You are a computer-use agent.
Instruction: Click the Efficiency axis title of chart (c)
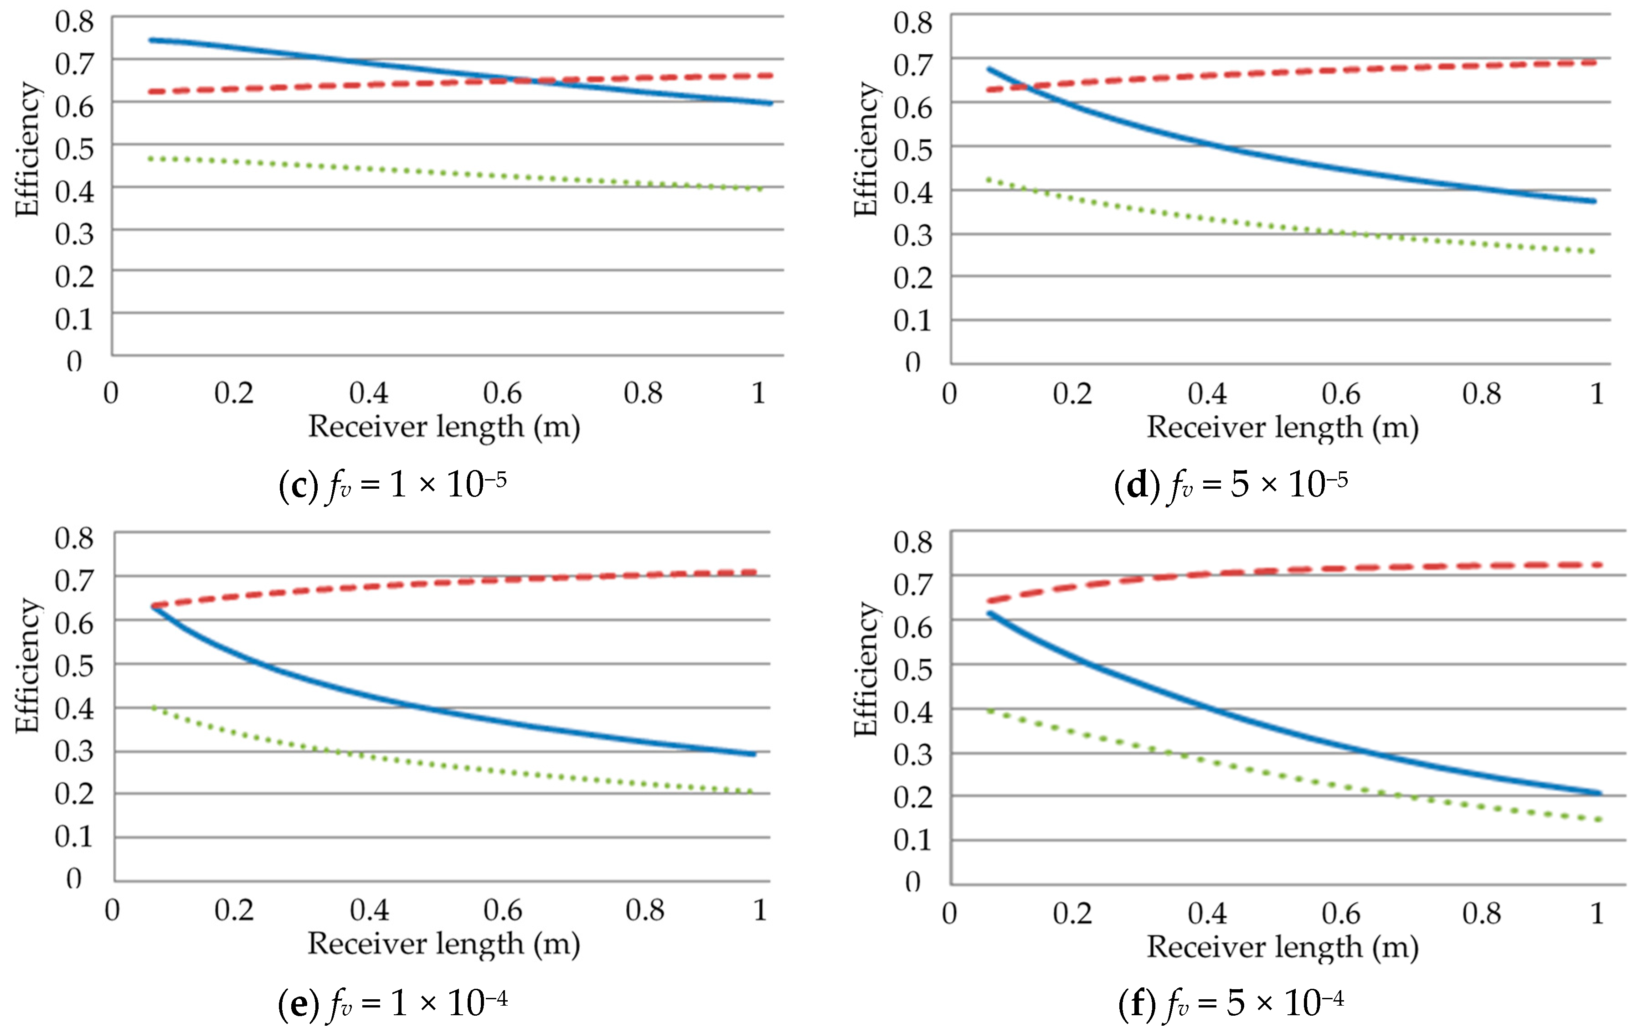pyautogui.click(x=27, y=149)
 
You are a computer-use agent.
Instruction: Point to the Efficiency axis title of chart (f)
pyautogui.click(x=865, y=669)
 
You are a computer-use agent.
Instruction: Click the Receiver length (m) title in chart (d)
pyautogui.click(x=1282, y=428)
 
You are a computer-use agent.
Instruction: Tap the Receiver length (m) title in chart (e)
pyautogui.click(x=443, y=944)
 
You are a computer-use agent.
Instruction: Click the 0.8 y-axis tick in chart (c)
pyautogui.click(x=74, y=22)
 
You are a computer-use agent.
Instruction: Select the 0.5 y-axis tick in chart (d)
pyautogui.click(x=913, y=150)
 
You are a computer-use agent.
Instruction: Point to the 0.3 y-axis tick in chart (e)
pyautogui.click(x=74, y=750)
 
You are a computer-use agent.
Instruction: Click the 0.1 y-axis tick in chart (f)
pyautogui.click(x=913, y=840)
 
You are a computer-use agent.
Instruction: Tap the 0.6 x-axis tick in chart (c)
pyautogui.click(x=502, y=393)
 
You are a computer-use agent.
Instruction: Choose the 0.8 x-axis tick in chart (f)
pyautogui.click(x=1481, y=913)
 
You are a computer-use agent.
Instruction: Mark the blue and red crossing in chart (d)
pyautogui.click(x=1025, y=87)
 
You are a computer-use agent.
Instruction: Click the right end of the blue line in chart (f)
pyautogui.click(x=1599, y=793)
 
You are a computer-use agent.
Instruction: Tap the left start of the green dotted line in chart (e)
pyautogui.click(x=154, y=708)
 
